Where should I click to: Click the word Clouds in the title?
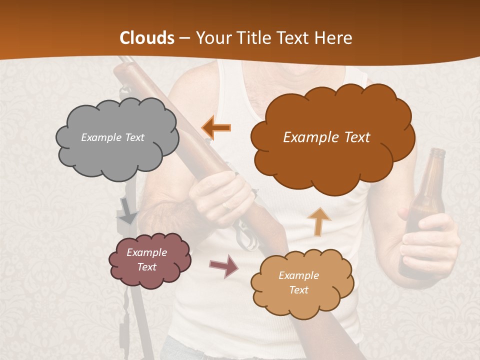(x=147, y=38)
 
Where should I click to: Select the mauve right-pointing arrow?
(x=224, y=266)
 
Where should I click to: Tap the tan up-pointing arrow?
(x=318, y=221)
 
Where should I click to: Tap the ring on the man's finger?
(x=227, y=205)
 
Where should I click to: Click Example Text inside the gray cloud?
(x=112, y=137)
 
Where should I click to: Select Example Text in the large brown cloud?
(x=326, y=137)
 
